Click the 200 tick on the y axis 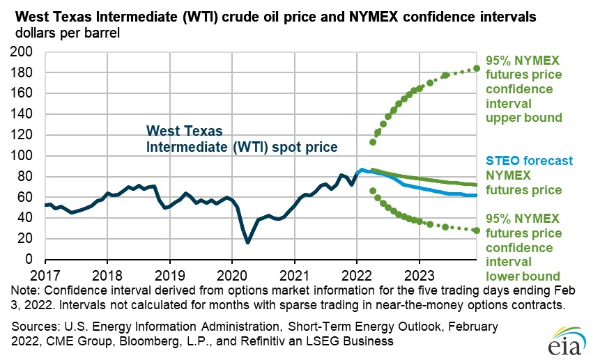(x=22, y=52)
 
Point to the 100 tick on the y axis (x=22, y=155)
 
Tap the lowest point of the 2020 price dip (x=247, y=242)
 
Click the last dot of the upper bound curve (x=477, y=68)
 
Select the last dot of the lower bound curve (x=477, y=230)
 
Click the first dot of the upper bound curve (x=373, y=142)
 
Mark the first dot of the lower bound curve (x=373, y=191)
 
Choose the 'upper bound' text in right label (x=524, y=118)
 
